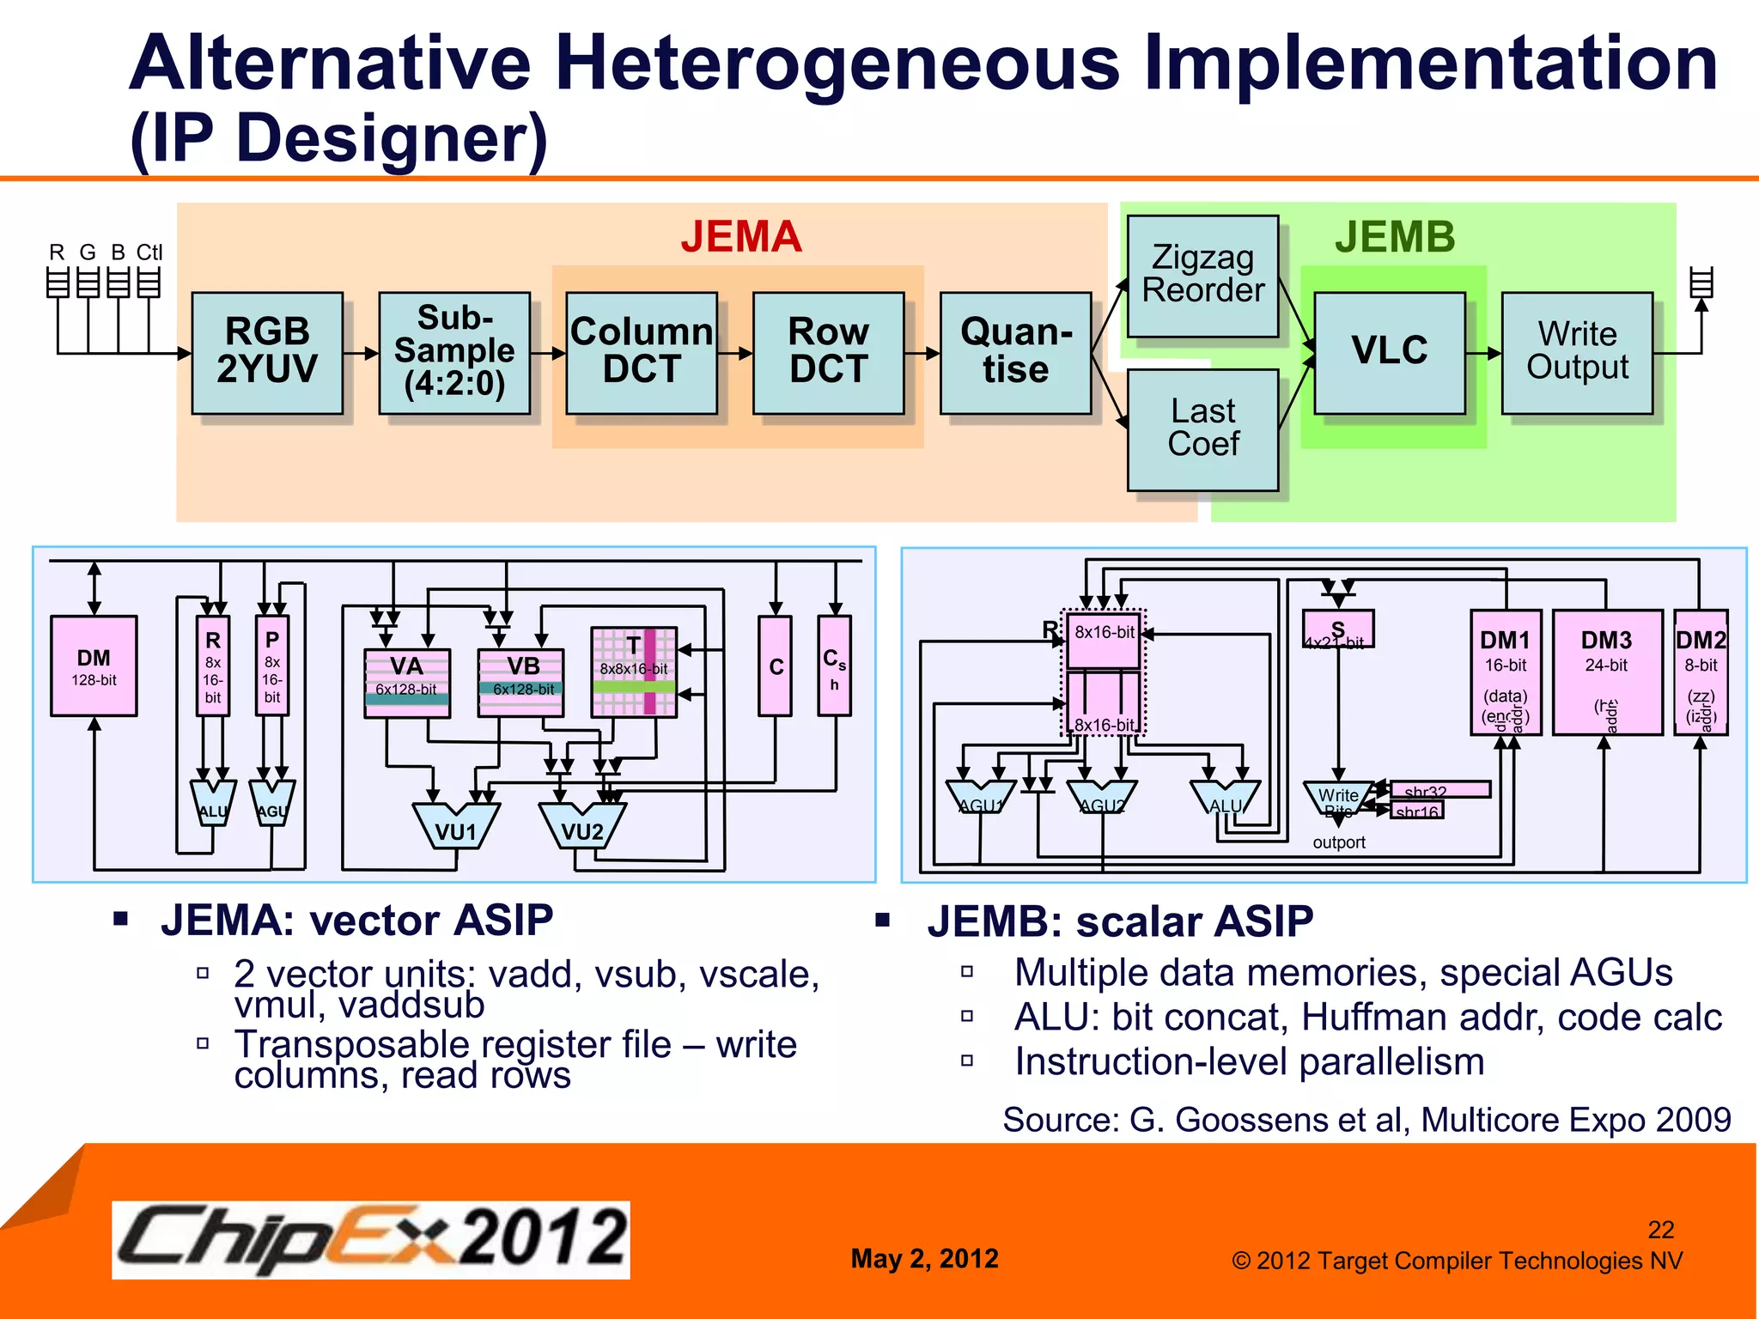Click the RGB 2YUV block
(x=267, y=352)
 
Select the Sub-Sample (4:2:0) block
(x=454, y=352)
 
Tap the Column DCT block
(x=642, y=352)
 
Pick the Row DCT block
(x=828, y=352)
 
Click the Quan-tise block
(x=1015, y=352)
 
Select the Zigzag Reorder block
(x=1202, y=275)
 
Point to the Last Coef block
(x=1202, y=429)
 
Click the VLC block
(x=1389, y=352)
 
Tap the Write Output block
(x=1577, y=352)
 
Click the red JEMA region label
(x=741, y=237)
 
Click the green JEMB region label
(x=1395, y=237)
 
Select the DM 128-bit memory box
(x=94, y=666)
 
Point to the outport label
(x=1338, y=842)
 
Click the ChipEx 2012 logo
(x=371, y=1239)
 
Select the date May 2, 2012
(x=924, y=1259)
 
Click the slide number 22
(x=1660, y=1230)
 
